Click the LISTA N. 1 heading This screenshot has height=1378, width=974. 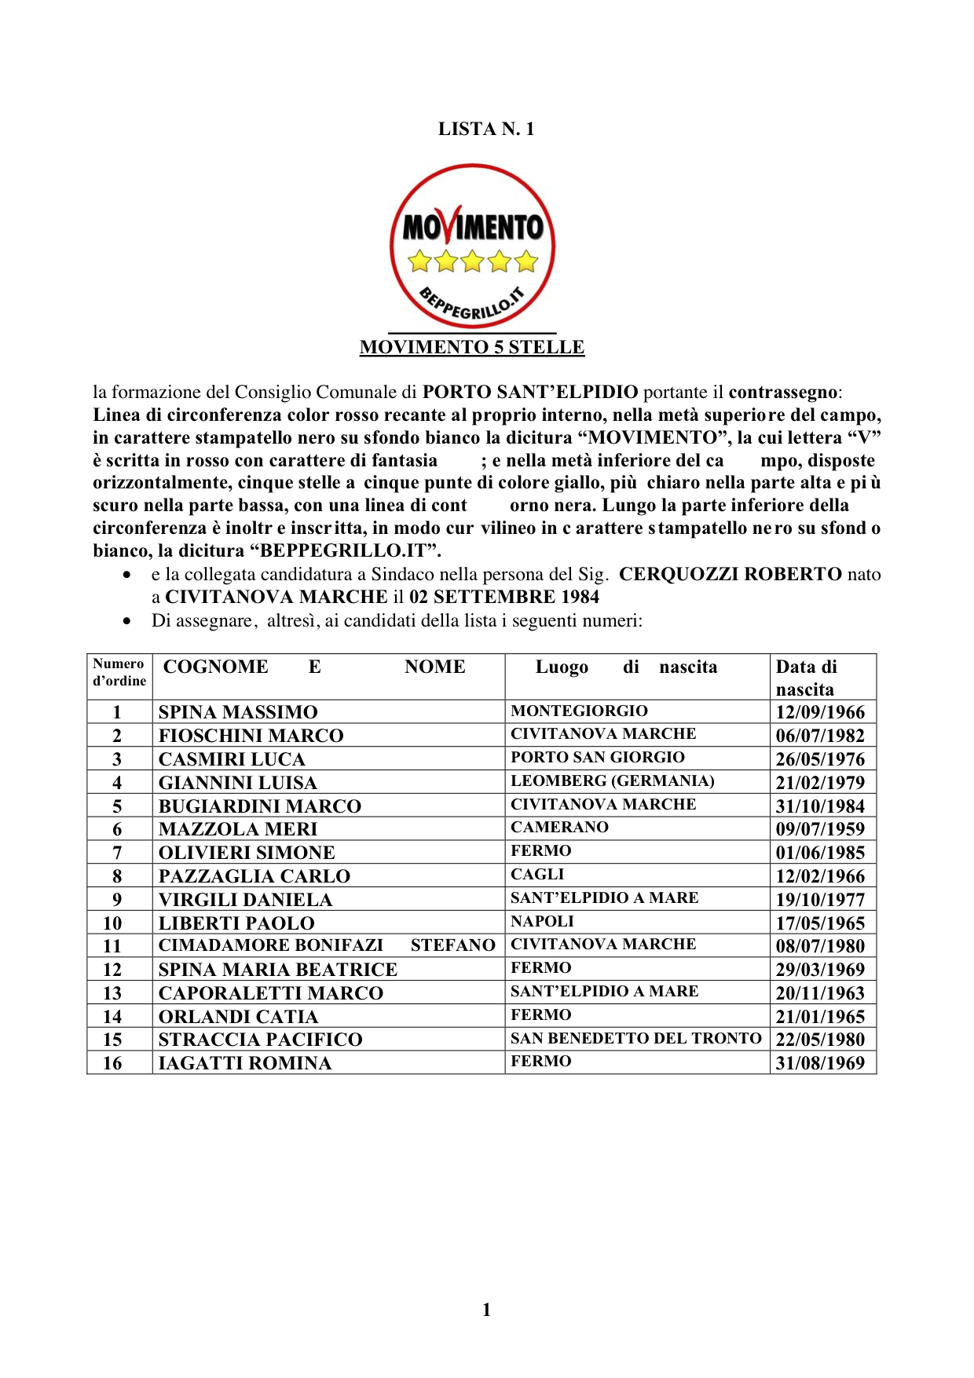click(x=486, y=130)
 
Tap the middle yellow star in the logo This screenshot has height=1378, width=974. click(x=472, y=260)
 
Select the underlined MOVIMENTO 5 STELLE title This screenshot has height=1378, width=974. click(x=472, y=347)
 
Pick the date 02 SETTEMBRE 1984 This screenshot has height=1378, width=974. click(x=503, y=597)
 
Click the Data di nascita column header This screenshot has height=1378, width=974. click(x=806, y=678)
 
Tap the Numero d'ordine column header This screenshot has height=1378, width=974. click(x=119, y=672)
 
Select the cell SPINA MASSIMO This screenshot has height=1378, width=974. click(x=238, y=712)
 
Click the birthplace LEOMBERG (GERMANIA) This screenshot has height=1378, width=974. click(x=612, y=781)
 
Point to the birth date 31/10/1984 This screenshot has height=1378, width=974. click(x=820, y=806)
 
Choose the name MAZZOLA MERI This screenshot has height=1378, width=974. click(x=238, y=829)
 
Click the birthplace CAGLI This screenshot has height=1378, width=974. click(x=537, y=875)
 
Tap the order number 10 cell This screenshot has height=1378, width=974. click(x=112, y=923)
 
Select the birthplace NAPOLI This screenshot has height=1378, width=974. click(x=542, y=921)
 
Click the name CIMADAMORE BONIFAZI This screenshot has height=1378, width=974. click(x=271, y=945)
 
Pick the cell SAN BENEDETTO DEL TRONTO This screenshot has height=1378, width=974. click(x=635, y=1038)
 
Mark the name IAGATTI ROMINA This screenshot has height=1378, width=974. click(x=245, y=1063)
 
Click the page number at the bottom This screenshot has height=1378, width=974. click(x=486, y=1309)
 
